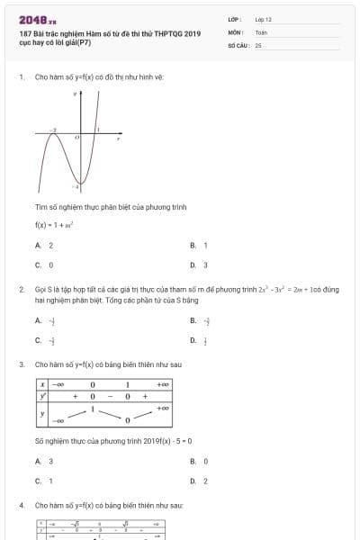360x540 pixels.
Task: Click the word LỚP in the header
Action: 234,19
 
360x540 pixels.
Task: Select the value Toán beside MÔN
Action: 261,31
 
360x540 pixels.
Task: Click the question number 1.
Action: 21,76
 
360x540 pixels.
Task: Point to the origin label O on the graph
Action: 76,137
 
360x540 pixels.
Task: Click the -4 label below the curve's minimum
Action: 76,186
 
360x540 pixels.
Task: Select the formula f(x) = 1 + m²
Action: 53,225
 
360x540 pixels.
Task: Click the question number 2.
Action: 21,289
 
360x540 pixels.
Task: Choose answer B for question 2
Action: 200,320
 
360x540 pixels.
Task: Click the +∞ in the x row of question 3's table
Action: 162,384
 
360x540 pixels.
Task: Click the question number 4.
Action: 21,506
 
